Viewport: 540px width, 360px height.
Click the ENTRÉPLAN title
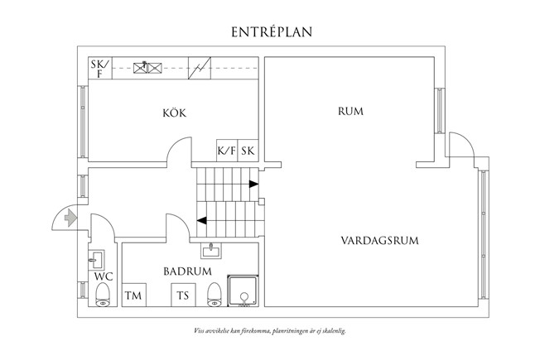coord(270,31)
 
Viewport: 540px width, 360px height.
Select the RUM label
coord(352,110)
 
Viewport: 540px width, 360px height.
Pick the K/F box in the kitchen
coord(226,151)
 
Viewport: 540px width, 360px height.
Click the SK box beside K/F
coord(248,151)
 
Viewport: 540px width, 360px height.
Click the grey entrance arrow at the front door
coord(70,218)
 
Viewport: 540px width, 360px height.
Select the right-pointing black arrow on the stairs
coord(250,184)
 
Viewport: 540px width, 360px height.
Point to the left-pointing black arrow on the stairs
coord(202,220)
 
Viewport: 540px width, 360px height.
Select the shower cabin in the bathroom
coord(244,293)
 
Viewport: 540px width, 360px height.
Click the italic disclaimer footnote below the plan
coord(269,329)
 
